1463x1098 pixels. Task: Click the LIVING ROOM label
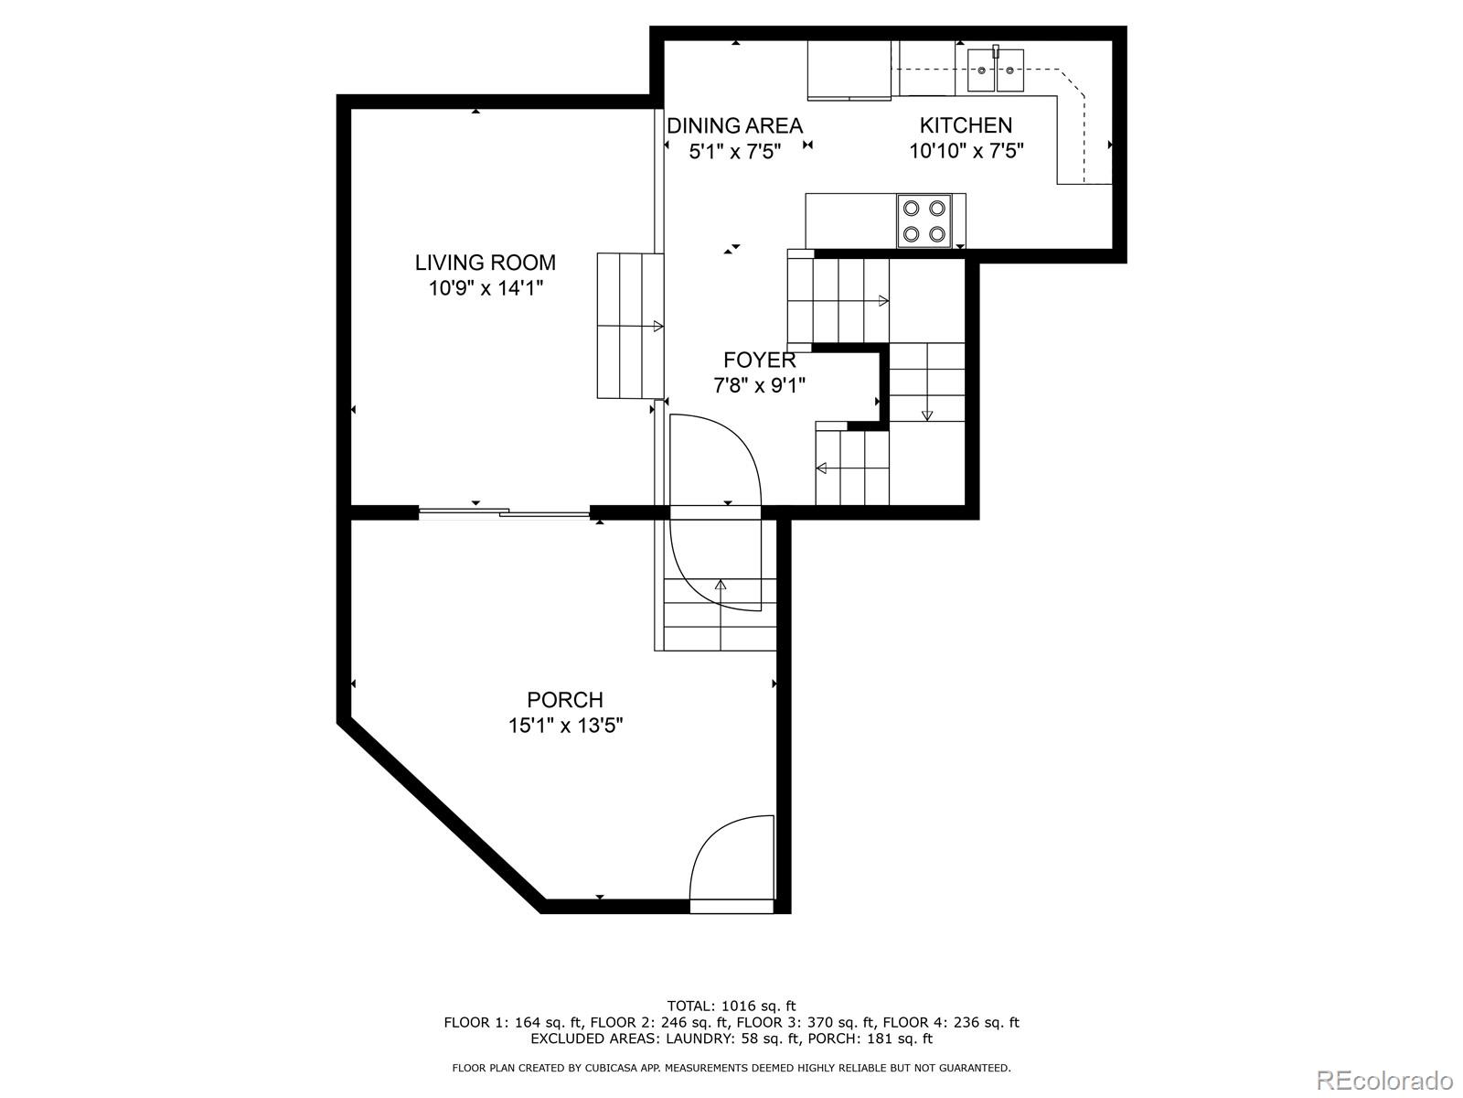485,263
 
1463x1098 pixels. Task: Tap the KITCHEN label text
966,125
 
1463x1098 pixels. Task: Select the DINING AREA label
734,125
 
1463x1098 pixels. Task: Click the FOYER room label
759,360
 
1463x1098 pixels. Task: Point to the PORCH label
565,700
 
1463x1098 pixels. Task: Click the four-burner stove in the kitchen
924,221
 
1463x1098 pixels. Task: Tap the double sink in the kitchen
997,70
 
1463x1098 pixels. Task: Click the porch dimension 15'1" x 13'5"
565,727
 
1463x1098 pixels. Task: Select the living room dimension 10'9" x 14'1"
485,289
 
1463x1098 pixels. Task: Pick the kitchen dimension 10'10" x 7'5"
966,151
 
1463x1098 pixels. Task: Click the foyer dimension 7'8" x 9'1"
759,386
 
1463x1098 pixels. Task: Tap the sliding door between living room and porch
504,513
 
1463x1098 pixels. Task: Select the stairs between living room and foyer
630,326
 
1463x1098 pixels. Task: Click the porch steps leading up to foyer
720,615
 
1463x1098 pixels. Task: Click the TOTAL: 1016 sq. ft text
731,1006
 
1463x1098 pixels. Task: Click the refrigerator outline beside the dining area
849,70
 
